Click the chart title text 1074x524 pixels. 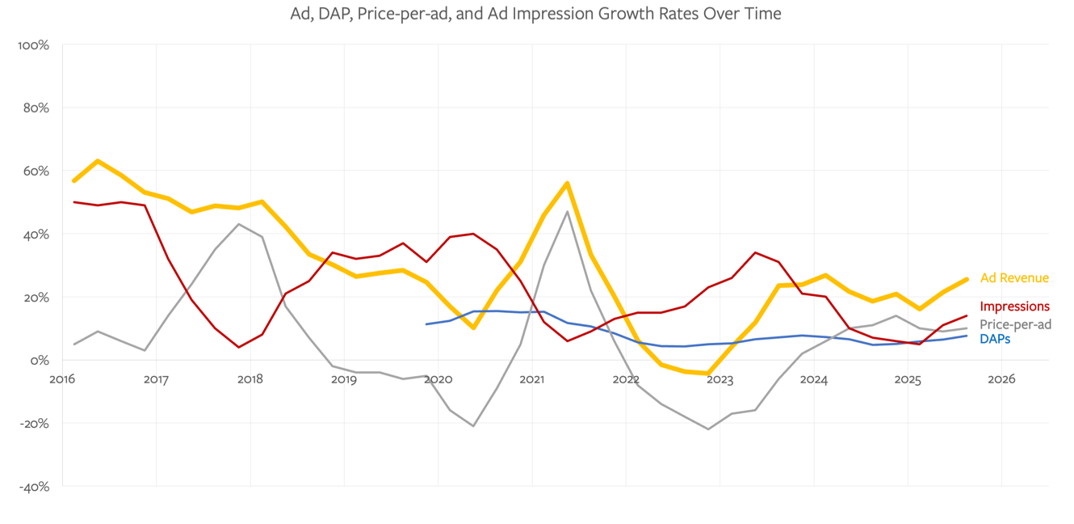click(x=536, y=14)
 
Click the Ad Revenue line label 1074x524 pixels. click(x=1014, y=278)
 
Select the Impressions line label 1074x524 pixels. click(x=1014, y=306)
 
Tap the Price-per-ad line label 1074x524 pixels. click(x=1015, y=324)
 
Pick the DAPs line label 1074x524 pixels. click(x=995, y=339)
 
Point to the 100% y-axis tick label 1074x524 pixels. click(x=33, y=45)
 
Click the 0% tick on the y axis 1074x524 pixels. click(x=40, y=361)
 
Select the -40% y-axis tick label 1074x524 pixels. click(x=33, y=487)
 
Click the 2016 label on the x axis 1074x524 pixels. click(x=62, y=379)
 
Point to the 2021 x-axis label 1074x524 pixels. click(x=532, y=379)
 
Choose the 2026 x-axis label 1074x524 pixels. click(x=1001, y=379)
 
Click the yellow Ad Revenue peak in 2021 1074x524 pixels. click(x=568, y=184)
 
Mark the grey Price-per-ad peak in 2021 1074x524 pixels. click(x=568, y=212)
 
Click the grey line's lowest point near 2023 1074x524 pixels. click(x=708, y=429)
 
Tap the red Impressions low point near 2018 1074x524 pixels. click(x=239, y=347)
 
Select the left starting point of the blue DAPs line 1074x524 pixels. click(x=426, y=324)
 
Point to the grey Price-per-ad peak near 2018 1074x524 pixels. click(x=239, y=224)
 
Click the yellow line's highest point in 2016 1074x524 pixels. click(x=98, y=161)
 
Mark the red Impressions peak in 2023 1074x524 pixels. click(x=755, y=252)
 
